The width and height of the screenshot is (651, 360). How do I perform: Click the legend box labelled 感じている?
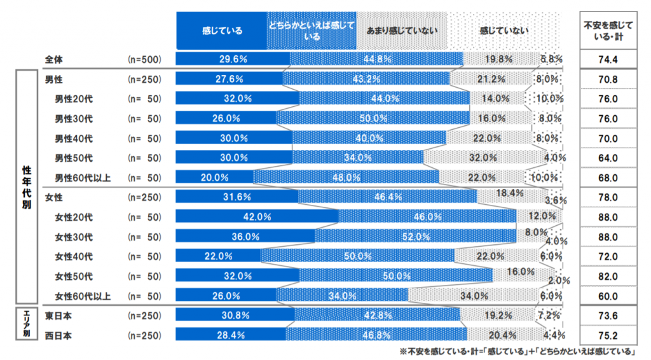pyautogui.click(x=221, y=31)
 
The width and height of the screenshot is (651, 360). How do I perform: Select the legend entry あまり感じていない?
pyautogui.click(x=402, y=31)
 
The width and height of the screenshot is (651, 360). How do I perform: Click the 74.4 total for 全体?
pyautogui.click(x=609, y=60)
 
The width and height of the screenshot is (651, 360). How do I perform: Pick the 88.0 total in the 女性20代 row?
pyautogui.click(x=609, y=217)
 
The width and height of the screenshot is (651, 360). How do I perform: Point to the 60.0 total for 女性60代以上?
pyautogui.click(x=609, y=296)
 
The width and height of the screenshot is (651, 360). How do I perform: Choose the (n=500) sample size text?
pyautogui.click(x=145, y=60)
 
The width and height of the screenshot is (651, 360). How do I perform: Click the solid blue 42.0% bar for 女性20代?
pyautogui.click(x=257, y=217)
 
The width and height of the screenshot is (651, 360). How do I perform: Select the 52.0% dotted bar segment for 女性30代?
pyautogui.click(x=416, y=237)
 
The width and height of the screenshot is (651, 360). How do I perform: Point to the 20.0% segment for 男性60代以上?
pyautogui.click(x=214, y=177)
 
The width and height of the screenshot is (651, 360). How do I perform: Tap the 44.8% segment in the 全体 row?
pyautogui.click(x=376, y=60)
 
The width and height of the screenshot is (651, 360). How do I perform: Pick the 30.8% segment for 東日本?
pyautogui.click(x=235, y=315)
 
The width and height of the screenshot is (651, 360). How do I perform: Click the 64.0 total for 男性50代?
pyautogui.click(x=609, y=158)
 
